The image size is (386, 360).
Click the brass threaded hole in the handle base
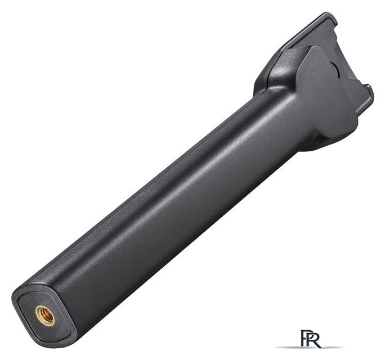(x=45, y=316)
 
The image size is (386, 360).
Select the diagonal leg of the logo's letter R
(x=318, y=344)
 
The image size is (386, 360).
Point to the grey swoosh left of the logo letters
(x=288, y=347)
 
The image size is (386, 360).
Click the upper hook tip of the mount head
(x=333, y=17)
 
